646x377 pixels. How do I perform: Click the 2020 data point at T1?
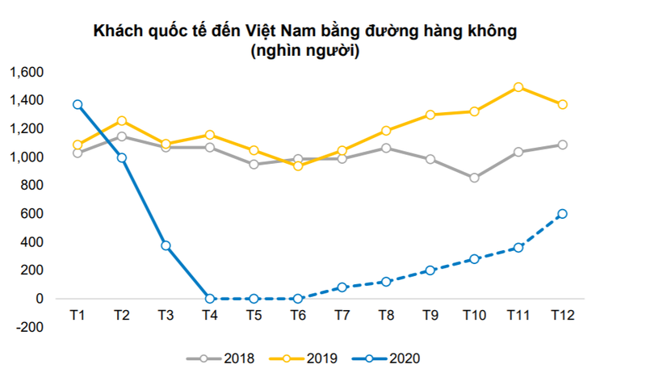point(78,105)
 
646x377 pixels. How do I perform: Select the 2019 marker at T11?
point(518,87)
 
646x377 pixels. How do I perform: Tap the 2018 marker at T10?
point(474,178)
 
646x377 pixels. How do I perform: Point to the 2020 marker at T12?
point(562,214)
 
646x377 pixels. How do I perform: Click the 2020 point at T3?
point(166,245)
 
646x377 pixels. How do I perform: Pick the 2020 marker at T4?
point(210,299)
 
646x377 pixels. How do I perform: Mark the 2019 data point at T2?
point(122,121)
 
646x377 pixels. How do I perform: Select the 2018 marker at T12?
point(562,145)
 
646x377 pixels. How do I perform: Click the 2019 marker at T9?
point(430,115)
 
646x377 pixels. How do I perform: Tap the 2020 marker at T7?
point(342,287)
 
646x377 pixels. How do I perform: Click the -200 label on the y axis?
point(30,327)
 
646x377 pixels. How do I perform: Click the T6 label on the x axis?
point(298,314)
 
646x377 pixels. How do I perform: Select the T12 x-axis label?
point(562,314)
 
